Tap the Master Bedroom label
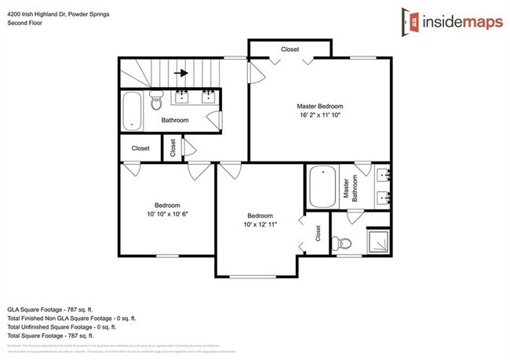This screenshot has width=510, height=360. [x=319, y=106]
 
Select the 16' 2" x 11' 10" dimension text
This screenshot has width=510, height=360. [x=319, y=115]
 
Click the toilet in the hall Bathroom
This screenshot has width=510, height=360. [x=155, y=100]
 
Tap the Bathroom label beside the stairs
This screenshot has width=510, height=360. [x=175, y=121]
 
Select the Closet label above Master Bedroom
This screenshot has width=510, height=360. [x=290, y=49]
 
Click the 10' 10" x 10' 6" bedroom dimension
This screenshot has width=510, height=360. [x=166, y=213]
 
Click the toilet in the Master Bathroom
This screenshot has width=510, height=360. [x=346, y=242]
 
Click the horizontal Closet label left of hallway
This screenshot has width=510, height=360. [x=140, y=147]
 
